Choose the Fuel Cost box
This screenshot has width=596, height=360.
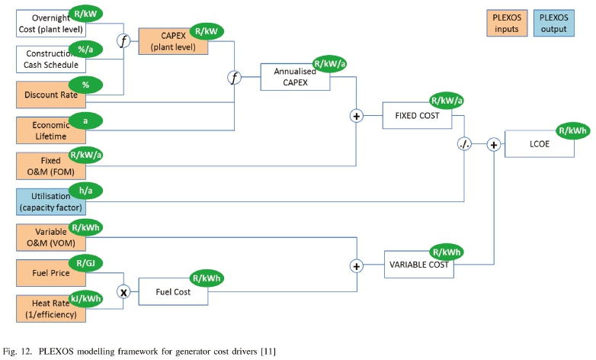[x=173, y=291]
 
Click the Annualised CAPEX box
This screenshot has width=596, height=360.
[x=296, y=77]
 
